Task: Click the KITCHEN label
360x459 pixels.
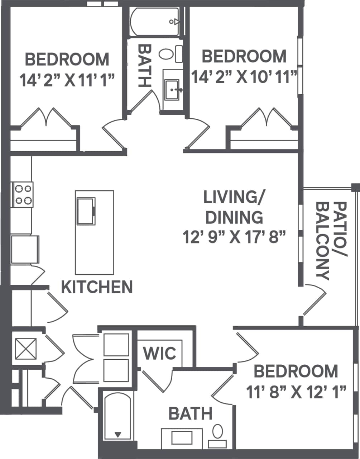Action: pos(97,287)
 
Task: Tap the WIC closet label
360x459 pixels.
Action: pos(160,353)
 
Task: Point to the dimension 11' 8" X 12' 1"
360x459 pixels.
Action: pos(296,393)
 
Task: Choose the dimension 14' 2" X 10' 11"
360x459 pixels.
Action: pos(244,77)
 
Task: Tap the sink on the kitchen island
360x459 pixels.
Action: pos(86,211)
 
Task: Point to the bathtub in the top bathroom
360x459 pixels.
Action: pos(155,22)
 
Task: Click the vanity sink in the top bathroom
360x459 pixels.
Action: pos(172,88)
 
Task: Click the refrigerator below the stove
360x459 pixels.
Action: pos(24,249)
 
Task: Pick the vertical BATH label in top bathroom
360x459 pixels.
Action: pos(144,65)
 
